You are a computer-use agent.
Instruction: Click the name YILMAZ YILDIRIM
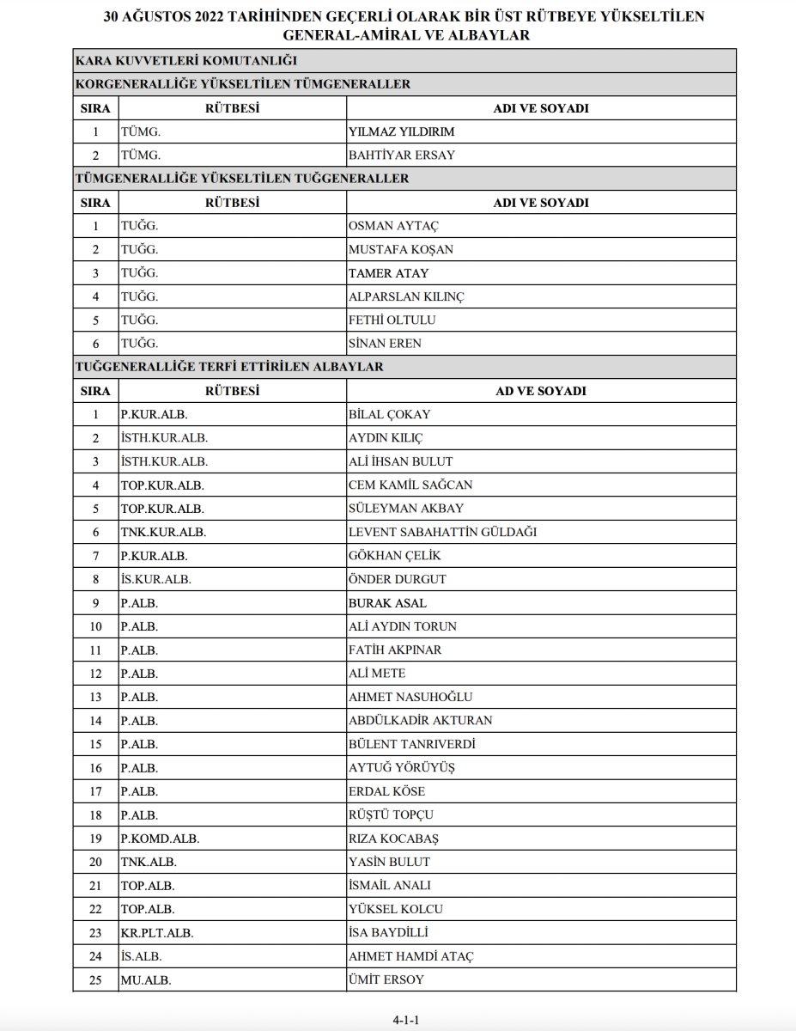(x=401, y=132)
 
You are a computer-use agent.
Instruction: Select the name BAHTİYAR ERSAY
(x=401, y=156)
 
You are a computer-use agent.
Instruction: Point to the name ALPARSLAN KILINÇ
(x=407, y=296)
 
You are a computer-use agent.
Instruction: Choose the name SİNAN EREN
(x=385, y=344)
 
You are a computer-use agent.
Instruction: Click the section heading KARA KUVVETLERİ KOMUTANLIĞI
(x=186, y=61)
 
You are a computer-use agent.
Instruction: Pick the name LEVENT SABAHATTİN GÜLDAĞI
(x=442, y=532)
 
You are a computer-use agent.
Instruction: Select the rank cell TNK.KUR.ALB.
(x=163, y=532)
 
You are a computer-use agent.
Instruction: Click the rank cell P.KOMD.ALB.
(x=160, y=839)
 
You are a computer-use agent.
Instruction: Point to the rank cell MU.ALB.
(x=144, y=979)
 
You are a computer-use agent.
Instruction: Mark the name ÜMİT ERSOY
(x=386, y=979)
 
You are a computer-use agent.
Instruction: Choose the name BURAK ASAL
(x=387, y=603)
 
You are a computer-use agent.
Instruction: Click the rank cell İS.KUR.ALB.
(x=156, y=579)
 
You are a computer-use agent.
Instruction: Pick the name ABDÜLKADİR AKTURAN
(x=421, y=720)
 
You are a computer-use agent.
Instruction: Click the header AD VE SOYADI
(x=541, y=391)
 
